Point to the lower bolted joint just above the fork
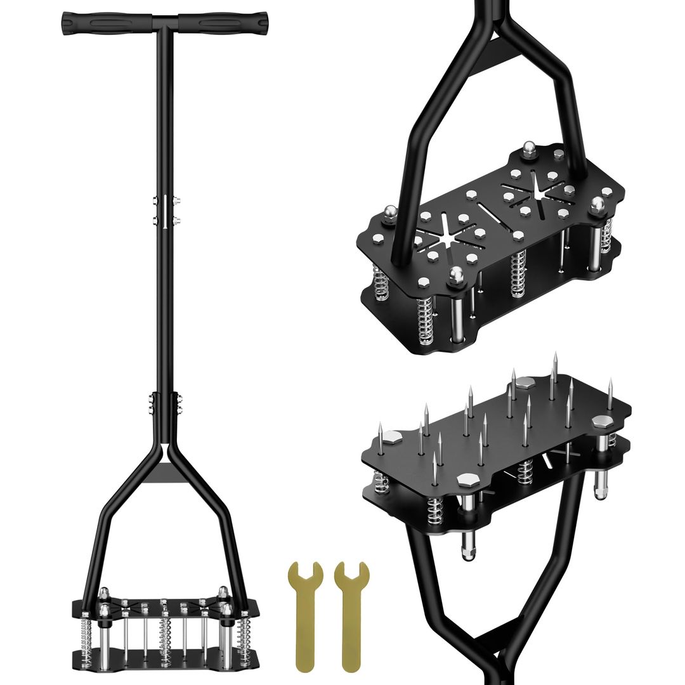point(165,403)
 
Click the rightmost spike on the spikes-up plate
point(610,393)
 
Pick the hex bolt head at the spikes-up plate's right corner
point(599,422)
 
